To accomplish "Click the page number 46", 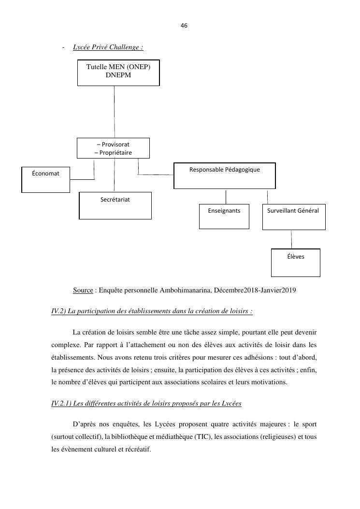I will point(184,25).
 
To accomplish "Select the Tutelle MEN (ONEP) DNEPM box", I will point(118,73).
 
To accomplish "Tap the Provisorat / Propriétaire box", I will point(113,148).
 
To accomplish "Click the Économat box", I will point(46,179).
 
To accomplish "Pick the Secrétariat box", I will point(115,205).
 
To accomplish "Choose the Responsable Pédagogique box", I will point(224,175).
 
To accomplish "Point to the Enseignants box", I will point(224,217).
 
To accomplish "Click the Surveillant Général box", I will point(293,217).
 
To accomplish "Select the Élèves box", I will point(295,262).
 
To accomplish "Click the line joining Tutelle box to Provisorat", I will point(115,112).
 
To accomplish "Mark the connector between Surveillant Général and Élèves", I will point(291,239).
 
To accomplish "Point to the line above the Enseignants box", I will point(226,196).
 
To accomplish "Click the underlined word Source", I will point(83,291).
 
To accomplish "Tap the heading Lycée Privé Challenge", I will point(108,47).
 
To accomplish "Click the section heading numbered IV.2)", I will point(152,311).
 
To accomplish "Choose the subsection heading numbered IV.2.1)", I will point(146,403).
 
